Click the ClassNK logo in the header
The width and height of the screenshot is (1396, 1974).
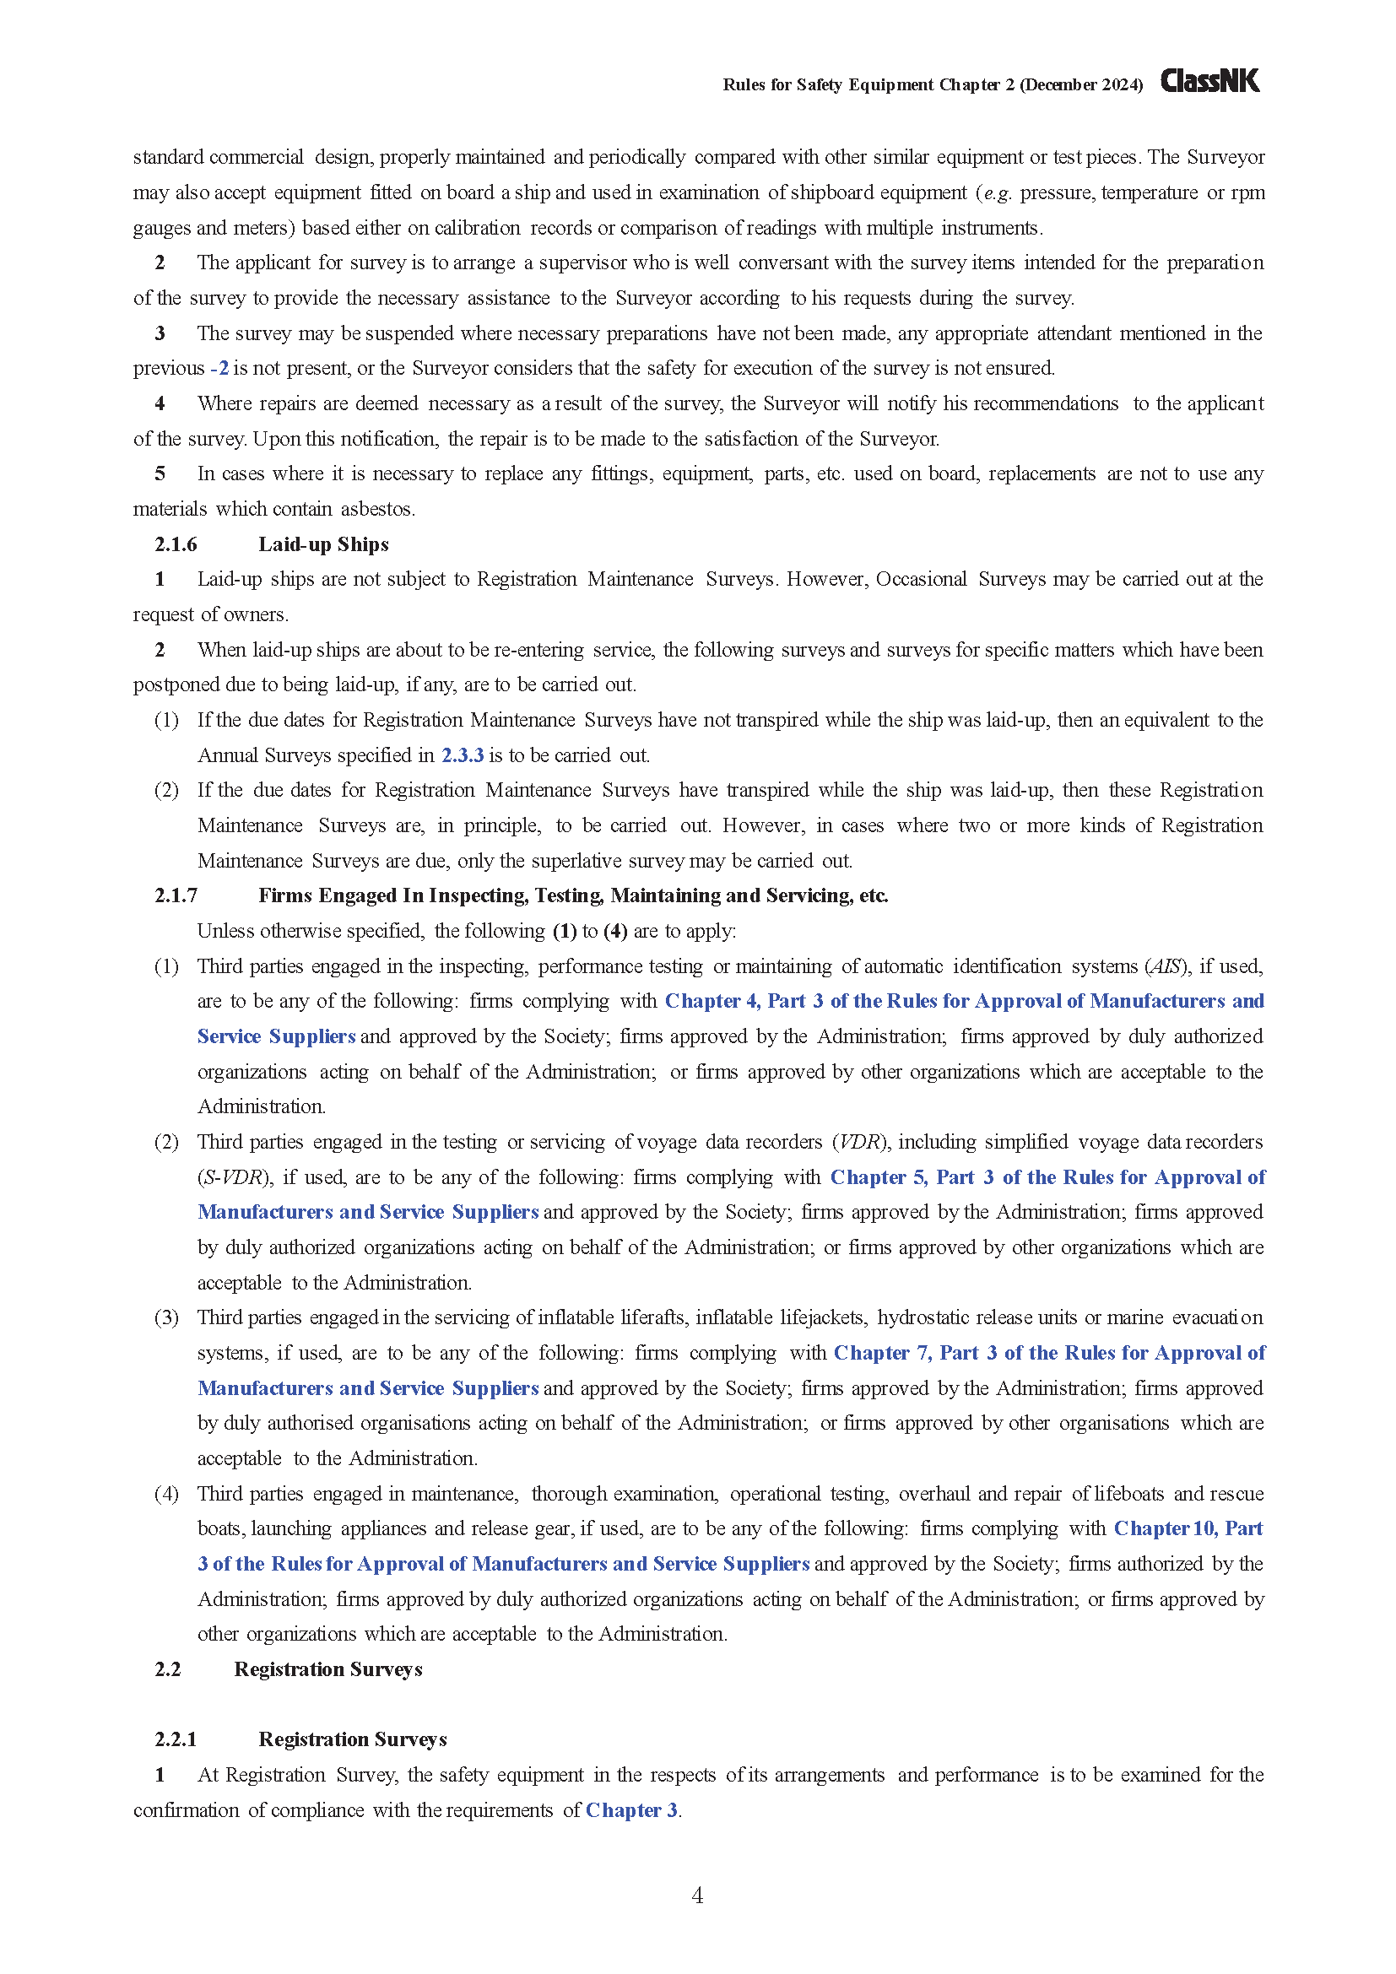coord(1209,81)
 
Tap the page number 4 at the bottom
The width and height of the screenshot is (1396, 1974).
coord(697,1895)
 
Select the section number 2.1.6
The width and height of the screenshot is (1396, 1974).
coord(176,544)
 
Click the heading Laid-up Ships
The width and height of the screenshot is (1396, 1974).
coord(323,544)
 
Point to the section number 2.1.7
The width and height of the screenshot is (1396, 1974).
coord(176,896)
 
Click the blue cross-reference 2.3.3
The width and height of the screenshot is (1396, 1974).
coord(463,754)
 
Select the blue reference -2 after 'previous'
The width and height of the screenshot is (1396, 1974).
coord(220,368)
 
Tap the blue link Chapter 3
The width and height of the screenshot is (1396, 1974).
coord(632,1810)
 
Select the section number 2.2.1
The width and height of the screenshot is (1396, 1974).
coord(176,1739)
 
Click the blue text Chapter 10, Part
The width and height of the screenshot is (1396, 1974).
coord(1188,1528)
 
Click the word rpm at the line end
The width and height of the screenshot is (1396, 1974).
coord(1247,192)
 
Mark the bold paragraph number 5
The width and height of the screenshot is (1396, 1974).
coord(160,473)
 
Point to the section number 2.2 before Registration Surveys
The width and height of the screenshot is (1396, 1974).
coord(168,1668)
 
